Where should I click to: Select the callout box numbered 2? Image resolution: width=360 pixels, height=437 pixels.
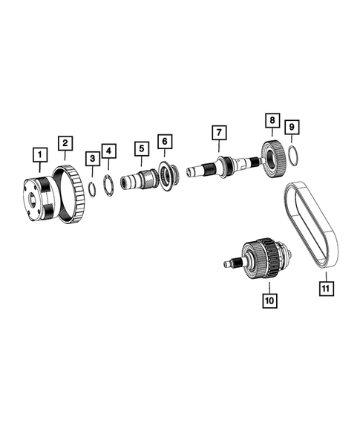click(66, 142)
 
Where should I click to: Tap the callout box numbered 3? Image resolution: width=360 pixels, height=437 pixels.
click(92, 158)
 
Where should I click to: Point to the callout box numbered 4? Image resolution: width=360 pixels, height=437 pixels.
click(109, 151)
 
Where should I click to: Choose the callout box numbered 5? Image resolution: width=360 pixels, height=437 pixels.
click(140, 148)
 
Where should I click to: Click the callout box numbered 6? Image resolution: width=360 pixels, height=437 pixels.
click(165, 140)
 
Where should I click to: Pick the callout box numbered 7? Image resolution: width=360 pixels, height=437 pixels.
click(218, 134)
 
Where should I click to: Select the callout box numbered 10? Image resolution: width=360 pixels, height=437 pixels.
click(268, 300)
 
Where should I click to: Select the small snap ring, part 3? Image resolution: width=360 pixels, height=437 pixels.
click(91, 187)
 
